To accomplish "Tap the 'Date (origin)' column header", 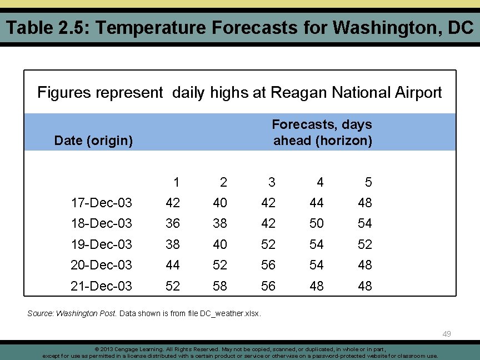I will tap(93, 141).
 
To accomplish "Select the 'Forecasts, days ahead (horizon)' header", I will tap(322, 132).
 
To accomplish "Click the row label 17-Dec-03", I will tap(101, 203).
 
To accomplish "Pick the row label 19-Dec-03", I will tap(101, 244).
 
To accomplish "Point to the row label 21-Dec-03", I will tap(101, 286).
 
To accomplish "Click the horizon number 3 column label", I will tap(271, 182).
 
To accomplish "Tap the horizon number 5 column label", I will tap(368, 182).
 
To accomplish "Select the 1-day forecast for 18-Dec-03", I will tap(173, 223).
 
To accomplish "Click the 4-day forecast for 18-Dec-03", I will tap(317, 223).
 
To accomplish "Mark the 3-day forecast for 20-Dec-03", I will tap(268, 265).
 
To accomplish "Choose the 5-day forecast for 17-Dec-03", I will tap(365, 203).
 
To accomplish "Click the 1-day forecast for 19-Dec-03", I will tap(173, 244).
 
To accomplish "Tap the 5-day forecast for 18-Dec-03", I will tap(365, 223).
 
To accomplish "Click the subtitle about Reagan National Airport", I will tap(239, 92).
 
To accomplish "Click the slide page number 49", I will tap(447, 334).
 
